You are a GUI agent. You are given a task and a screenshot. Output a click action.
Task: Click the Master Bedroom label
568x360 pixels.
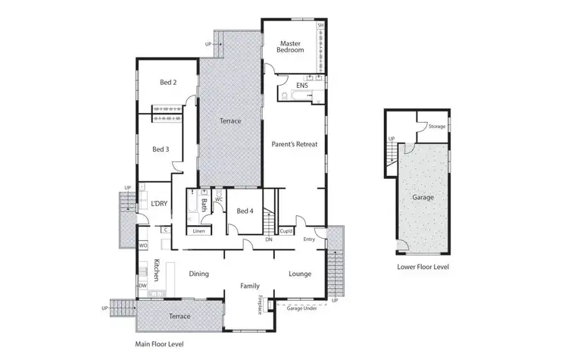(292, 46)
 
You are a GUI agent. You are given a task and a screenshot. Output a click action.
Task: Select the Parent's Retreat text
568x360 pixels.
(295, 143)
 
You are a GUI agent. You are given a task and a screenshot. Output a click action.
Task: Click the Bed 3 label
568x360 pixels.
(160, 149)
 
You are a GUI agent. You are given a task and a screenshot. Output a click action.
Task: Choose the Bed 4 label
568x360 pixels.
(244, 211)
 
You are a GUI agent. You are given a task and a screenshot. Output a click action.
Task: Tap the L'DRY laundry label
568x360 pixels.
(159, 203)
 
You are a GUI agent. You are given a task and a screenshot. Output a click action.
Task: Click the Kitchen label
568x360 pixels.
(157, 270)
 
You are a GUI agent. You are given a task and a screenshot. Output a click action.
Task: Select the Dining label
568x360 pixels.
(198, 274)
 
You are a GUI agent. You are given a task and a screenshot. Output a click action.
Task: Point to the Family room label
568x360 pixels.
(250, 286)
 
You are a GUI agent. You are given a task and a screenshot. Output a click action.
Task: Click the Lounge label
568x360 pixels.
(300, 274)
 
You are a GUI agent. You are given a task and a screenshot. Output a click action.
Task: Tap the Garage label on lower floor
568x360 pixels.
(423, 196)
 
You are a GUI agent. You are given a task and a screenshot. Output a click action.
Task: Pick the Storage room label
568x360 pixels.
(437, 127)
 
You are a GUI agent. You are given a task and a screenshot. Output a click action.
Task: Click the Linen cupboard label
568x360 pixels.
(198, 230)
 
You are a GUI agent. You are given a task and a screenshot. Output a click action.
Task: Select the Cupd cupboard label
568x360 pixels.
(286, 230)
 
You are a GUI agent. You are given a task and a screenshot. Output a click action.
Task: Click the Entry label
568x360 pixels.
(309, 239)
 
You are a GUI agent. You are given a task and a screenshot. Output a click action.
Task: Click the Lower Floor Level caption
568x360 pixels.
(423, 267)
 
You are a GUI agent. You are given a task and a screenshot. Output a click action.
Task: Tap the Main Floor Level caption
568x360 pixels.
(159, 343)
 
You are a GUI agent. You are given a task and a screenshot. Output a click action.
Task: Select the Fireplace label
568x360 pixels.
(260, 304)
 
